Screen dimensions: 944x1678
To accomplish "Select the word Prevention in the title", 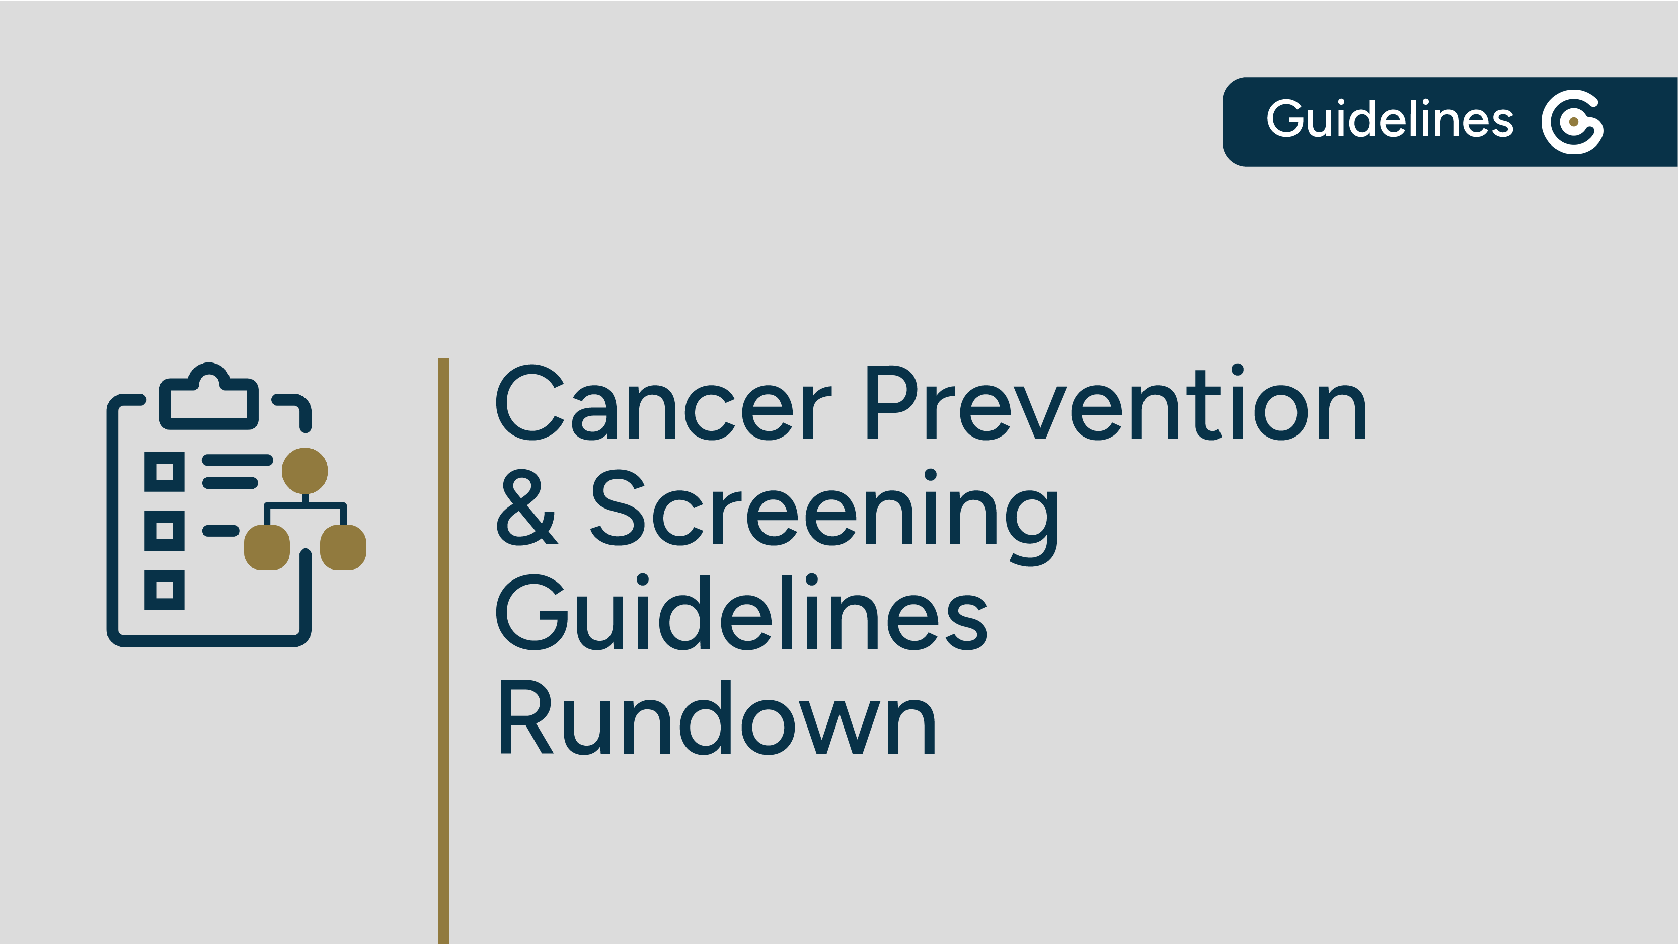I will (1115, 404).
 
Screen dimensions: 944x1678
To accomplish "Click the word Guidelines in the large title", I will (741, 614).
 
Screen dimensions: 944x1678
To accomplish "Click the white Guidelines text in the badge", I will (1390, 120).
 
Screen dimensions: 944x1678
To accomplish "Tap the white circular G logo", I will (1572, 122).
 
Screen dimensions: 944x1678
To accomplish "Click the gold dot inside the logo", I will (1573, 122).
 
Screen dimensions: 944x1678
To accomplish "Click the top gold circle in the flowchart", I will (305, 470).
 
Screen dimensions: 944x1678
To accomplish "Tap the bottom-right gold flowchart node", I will (343, 547).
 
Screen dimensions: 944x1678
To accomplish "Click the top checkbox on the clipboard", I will (164, 471).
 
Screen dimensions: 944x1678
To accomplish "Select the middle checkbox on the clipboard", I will (164, 530).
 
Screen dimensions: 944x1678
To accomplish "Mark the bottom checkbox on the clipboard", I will (164, 590).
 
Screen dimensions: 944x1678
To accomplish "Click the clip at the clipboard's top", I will (208, 397).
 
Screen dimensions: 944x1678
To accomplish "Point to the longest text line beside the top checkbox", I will (237, 461).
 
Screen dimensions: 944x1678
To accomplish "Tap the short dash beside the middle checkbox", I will (221, 530).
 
